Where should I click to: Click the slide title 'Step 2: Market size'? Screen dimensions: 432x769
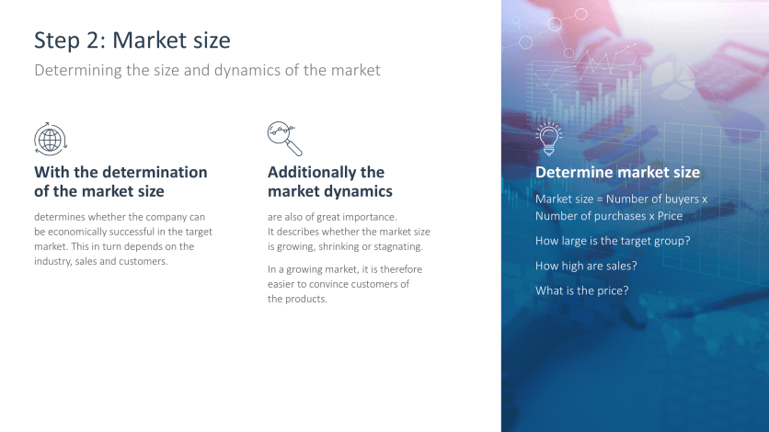(x=132, y=40)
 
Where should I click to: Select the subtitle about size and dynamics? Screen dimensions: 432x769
(x=207, y=70)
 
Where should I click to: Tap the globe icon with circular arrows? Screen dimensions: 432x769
(x=51, y=139)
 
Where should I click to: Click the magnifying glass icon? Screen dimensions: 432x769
(x=284, y=139)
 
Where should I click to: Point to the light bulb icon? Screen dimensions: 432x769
(x=549, y=139)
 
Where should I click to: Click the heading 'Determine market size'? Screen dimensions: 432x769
(x=617, y=173)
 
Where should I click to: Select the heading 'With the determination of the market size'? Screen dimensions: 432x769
(x=121, y=182)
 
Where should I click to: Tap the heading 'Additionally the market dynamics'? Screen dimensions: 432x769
(x=329, y=182)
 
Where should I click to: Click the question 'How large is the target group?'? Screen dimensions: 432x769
(x=613, y=241)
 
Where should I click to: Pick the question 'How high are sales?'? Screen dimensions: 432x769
(x=586, y=266)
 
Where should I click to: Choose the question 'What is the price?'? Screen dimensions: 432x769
(x=582, y=290)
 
